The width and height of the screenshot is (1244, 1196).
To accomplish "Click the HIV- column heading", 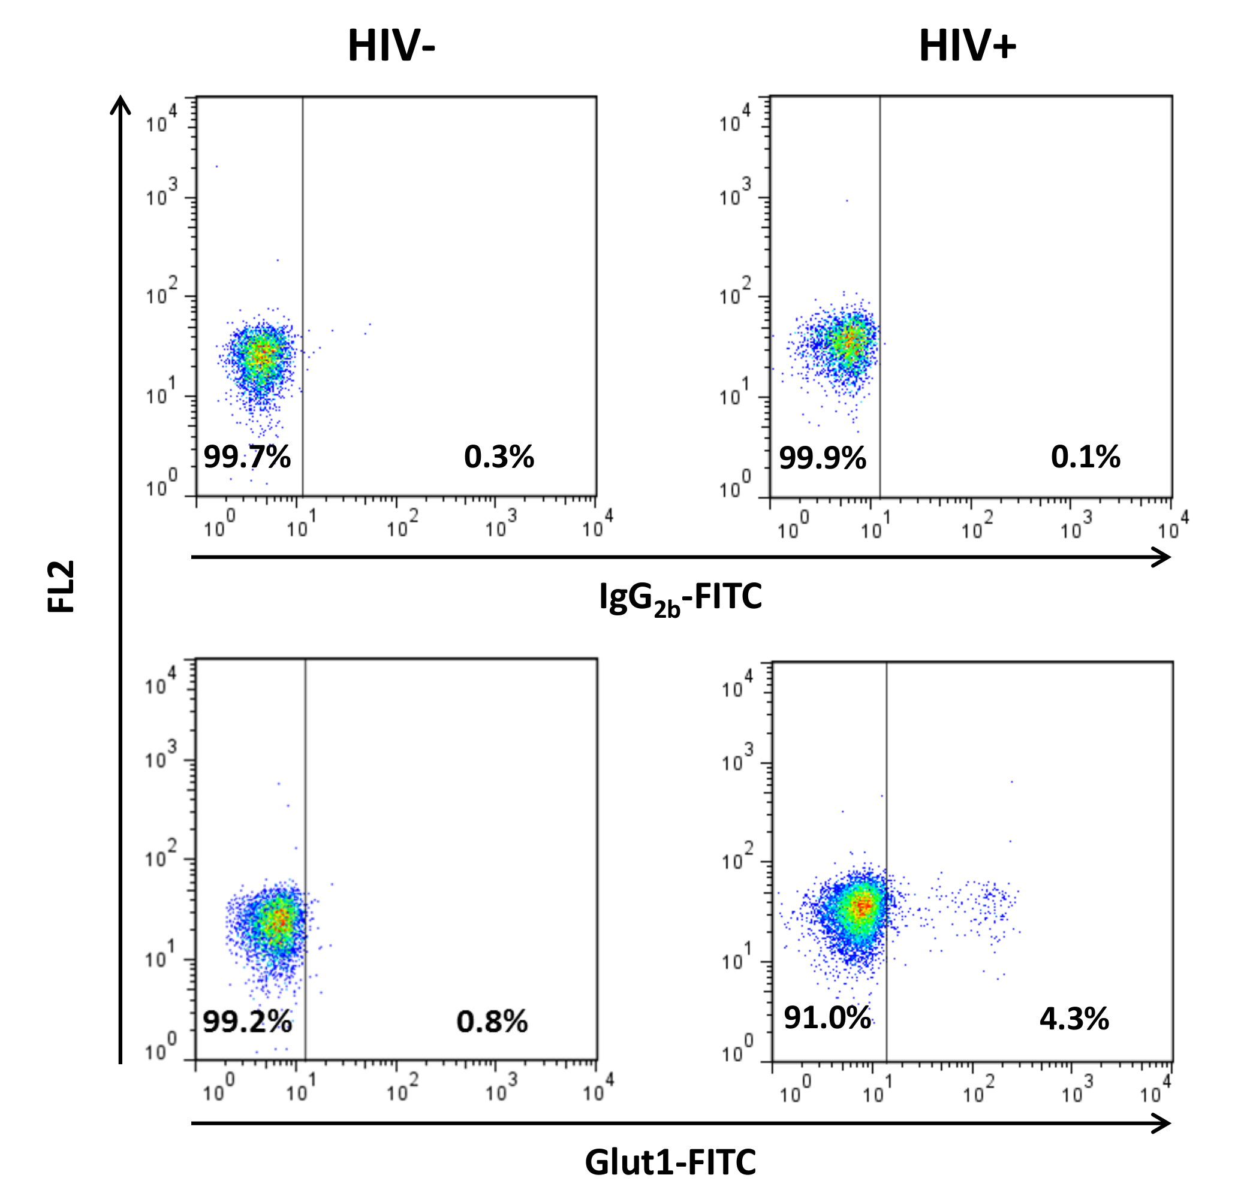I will coord(391,47).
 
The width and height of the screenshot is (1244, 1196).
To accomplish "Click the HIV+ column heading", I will coord(967,47).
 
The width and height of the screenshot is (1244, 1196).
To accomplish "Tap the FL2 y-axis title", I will coord(62,586).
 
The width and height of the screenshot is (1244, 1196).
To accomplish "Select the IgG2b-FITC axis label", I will coord(680,597).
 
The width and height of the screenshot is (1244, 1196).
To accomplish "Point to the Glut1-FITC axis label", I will coord(670,1162).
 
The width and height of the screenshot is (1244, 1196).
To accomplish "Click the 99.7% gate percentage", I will coord(247,457).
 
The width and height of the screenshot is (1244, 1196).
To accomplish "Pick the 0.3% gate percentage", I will coord(499,457).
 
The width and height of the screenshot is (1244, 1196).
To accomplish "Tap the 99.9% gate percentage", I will coord(823,458).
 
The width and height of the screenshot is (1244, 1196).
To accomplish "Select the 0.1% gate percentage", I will coord(1085,457).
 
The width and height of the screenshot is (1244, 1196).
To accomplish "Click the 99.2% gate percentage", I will coord(247,1022).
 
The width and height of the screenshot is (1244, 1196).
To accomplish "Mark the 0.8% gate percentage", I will coord(492,1022).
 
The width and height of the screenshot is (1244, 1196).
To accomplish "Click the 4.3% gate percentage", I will coord(1074,1019).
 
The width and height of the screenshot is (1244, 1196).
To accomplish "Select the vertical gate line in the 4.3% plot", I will coord(886,825).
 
